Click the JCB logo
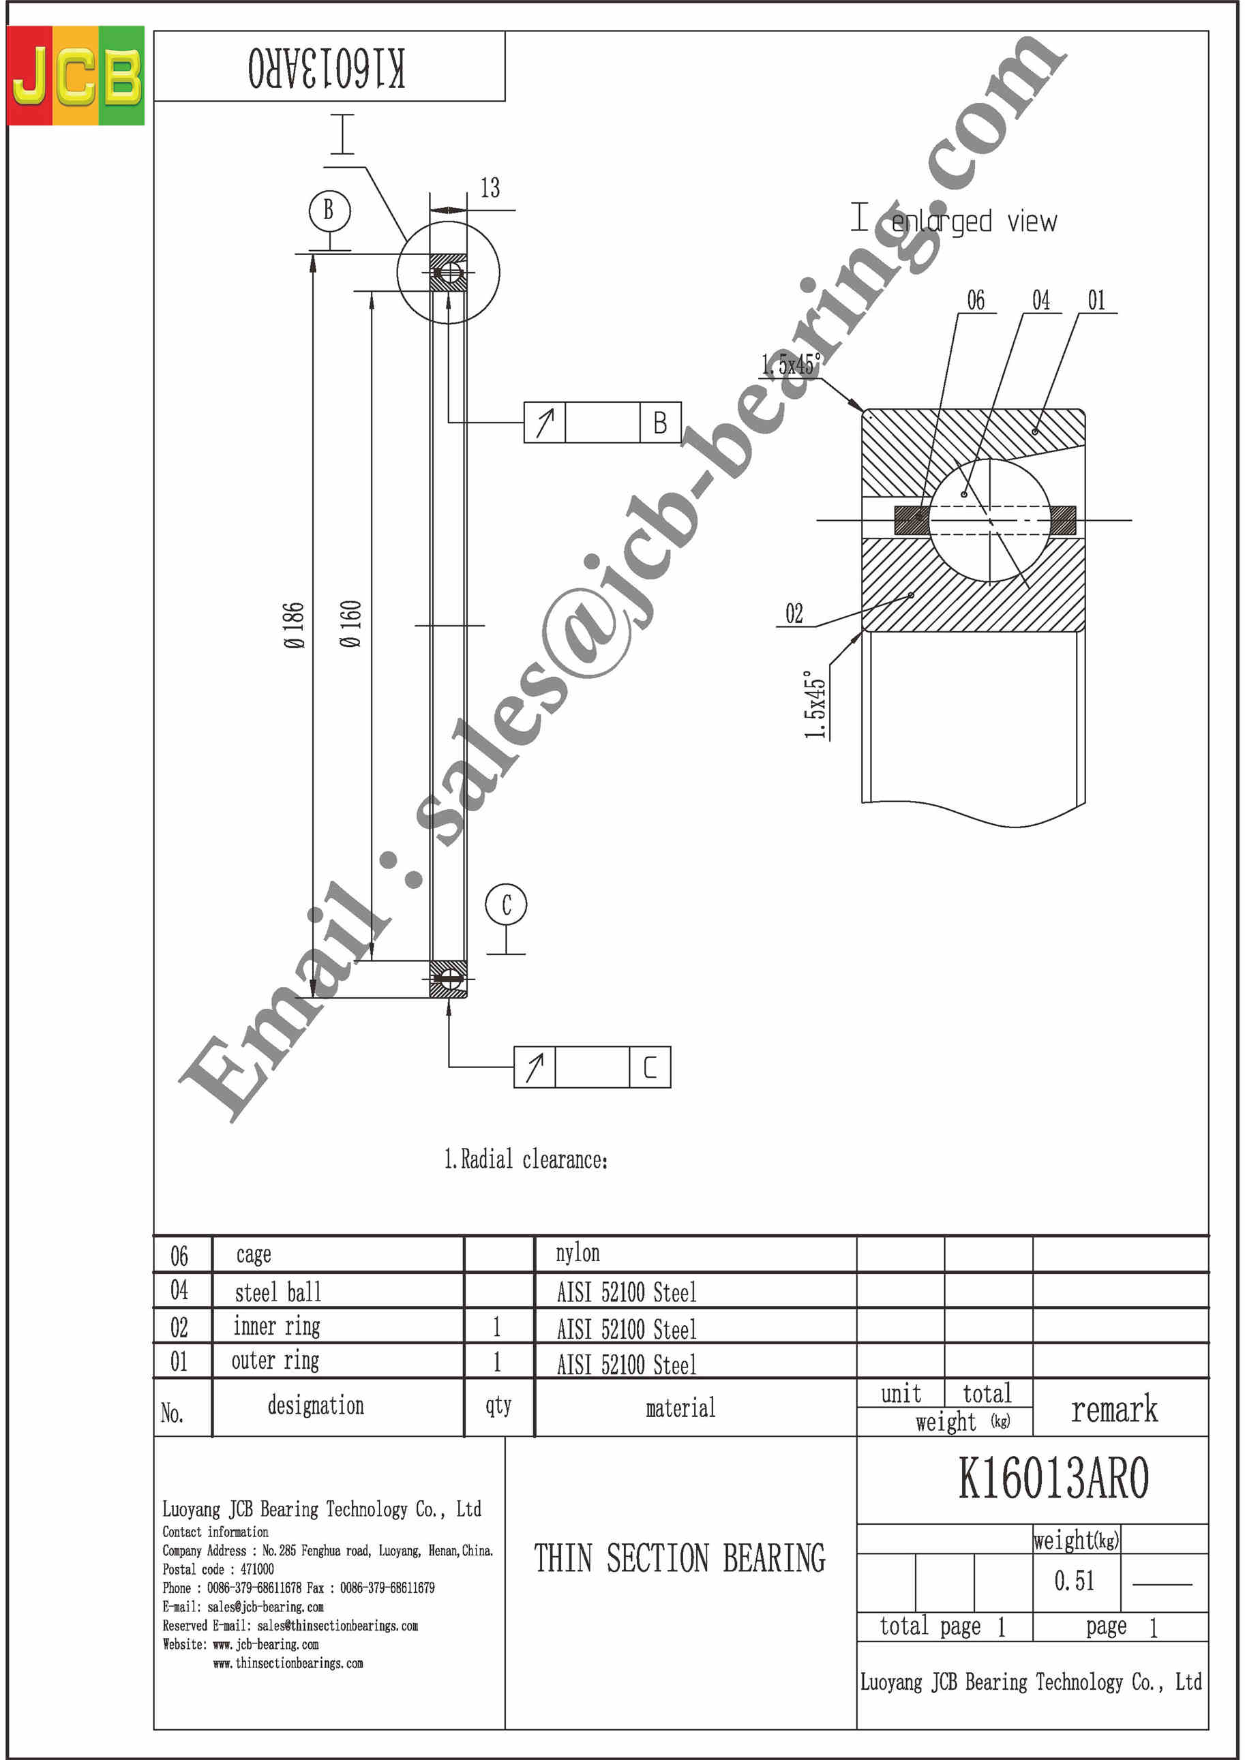pyautogui.click(x=75, y=75)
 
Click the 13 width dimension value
pyautogui.click(x=490, y=188)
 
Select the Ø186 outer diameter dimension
pyautogui.click(x=294, y=626)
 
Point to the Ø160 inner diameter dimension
pyautogui.click(x=350, y=624)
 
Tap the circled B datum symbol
pyautogui.click(x=329, y=210)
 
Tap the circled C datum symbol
pyautogui.click(x=506, y=905)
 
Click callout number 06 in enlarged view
pyautogui.click(x=975, y=300)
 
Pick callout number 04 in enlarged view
pyautogui.click(x=1040, y=300)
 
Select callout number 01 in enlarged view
pyautogui.click(x=1096, y=300)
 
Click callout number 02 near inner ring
pyautogui.click(x=794, y=613)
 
